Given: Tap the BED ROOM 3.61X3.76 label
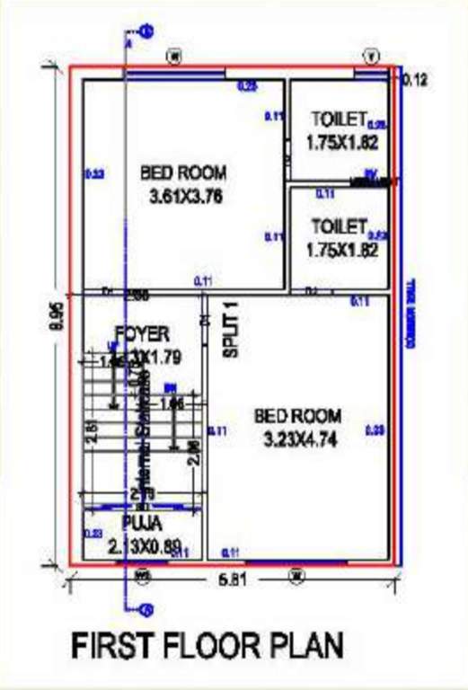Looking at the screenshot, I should pos(183,182).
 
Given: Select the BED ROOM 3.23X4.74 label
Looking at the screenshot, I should pos(297,427).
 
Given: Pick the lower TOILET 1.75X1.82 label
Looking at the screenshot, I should pos(340,237).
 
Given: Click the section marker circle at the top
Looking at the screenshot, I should pos(146,31).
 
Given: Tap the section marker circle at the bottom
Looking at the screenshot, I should pos(146,611).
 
